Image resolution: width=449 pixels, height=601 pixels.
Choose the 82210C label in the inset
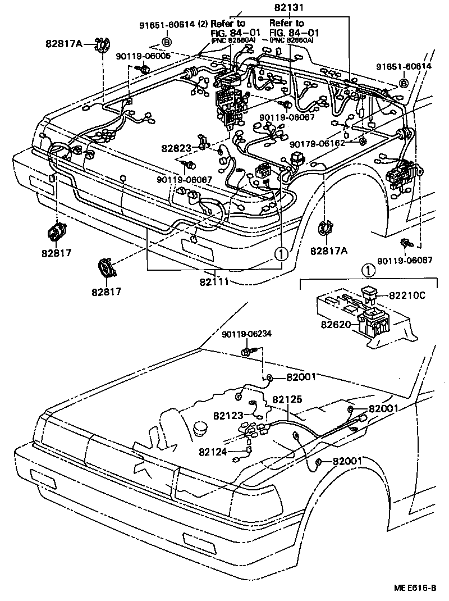[406, 294]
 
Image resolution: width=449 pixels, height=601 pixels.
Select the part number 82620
[336, 325]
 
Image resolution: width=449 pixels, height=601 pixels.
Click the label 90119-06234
[246, 334]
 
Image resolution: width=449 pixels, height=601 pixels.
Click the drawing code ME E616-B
[416, 588]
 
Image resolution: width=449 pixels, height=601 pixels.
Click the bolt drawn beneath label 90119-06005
[144, 69]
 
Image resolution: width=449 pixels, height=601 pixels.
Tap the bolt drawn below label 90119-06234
[247, 351]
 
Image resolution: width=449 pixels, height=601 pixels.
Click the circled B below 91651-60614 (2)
[167, 42]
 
